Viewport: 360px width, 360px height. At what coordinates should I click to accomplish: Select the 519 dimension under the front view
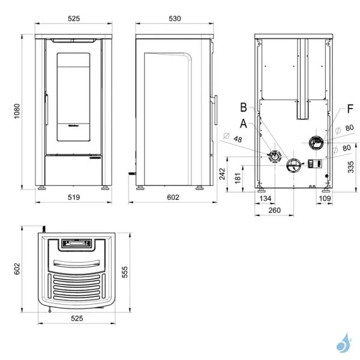[73, 197]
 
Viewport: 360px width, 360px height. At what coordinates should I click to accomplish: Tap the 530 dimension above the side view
[175, 19]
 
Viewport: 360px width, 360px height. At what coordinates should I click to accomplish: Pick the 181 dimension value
[238, 178]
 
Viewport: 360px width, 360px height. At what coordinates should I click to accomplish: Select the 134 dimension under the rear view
[265, 197]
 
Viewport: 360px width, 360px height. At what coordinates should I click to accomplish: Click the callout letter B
[243, 107]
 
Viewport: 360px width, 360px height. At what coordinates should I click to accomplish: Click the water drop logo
[343, 344]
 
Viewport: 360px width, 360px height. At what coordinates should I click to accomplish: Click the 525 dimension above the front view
[73, 19]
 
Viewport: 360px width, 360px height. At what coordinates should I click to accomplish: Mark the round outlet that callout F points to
[316, 142]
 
